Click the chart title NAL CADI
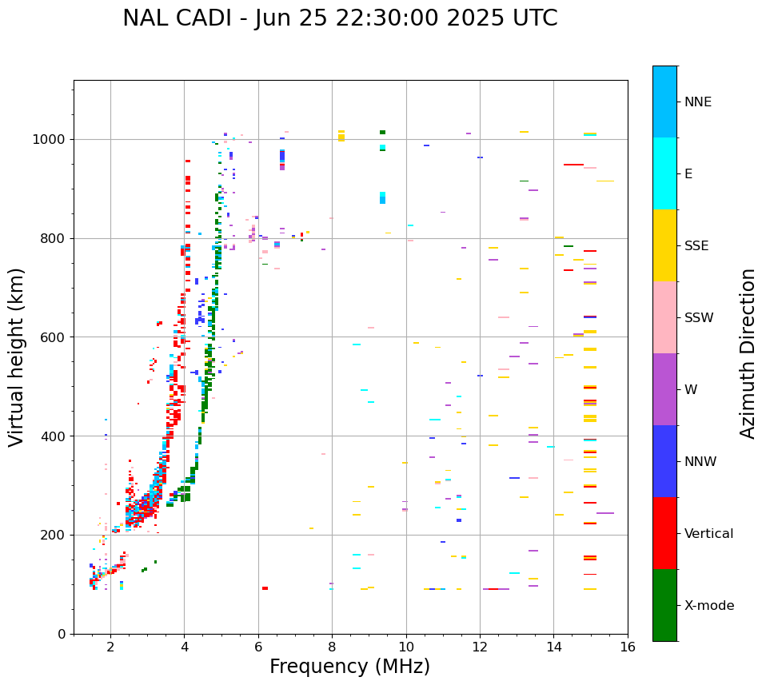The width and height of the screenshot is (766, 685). click(340, 18)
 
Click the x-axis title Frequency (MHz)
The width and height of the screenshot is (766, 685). click(349, 667)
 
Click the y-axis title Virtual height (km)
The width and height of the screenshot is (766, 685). click(17, 357)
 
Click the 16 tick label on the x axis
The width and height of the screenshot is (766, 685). click(628, 646)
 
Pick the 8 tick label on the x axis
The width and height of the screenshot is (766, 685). click(332, 646)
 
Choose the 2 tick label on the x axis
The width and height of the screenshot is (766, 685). click(110, 646)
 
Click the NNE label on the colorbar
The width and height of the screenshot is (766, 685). click(697, 102)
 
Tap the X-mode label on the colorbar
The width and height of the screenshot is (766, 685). click(708, 606)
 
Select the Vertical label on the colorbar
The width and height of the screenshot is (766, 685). click(708, 534)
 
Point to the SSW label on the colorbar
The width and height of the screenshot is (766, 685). click(699, 318)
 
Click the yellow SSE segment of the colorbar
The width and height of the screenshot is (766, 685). click(664, 245)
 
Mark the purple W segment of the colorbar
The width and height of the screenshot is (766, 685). click(664, 389)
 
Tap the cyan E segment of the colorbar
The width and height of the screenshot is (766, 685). click(664, 173)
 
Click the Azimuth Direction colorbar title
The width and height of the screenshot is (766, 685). click(748, 353)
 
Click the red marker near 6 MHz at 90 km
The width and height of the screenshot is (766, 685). click(265, 588)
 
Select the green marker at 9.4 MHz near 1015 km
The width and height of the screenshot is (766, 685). click(382, 133)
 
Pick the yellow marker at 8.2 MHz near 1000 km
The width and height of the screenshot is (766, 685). click(341, 137)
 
